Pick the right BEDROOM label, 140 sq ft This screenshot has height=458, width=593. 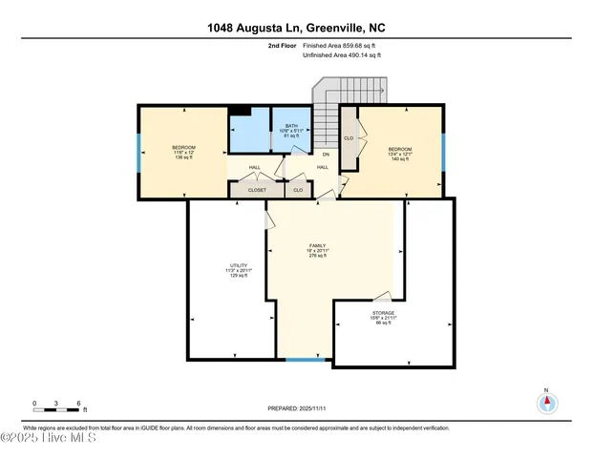[399, 154]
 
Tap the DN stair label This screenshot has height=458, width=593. [325, 155]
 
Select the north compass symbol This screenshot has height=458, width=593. [546, 402]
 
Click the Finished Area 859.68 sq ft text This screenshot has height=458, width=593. [341, 45]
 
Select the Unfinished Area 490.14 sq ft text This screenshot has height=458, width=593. [341, 55]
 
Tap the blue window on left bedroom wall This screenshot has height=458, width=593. [139, 152]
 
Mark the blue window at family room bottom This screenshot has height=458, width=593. [305, 359]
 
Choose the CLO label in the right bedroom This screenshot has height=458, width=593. [349, 138]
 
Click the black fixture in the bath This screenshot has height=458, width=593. [241, 111]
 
